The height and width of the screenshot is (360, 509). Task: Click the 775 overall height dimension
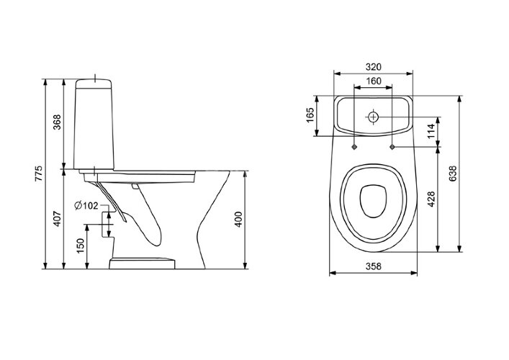tap(39, 174)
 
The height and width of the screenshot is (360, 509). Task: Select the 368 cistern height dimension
tap(57, 122)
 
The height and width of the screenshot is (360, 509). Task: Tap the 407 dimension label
tap(57, 219)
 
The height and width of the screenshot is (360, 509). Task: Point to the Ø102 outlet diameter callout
tap(86, 205)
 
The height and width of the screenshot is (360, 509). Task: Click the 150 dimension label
tap(80, 246)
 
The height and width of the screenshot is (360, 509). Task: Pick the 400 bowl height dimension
tap(238, 220)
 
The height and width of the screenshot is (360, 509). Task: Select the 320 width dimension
tap(374, 67)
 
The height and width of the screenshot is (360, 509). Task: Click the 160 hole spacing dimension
tap(374, 81)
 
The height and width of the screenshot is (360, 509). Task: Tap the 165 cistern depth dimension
tap(310, 115)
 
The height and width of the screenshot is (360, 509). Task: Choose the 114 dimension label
tap(431, 131)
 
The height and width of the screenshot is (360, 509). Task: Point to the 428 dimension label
tap(431, 199)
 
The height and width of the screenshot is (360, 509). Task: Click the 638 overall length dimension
tap(453, 174)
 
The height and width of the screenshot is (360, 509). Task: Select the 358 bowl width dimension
tap(374, 266)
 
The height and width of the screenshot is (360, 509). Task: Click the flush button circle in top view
tap(374, 117)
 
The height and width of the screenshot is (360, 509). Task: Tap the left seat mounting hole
tap(354, 148)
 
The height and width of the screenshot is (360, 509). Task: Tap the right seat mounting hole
tap(392, 148)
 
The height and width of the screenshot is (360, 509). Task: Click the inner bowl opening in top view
tap(374, 201)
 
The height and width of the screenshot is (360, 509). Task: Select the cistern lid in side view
tap(94, 84)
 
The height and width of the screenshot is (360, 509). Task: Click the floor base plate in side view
tap(142, 264)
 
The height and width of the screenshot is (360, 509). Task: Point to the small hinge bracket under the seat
tap(135, 186)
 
